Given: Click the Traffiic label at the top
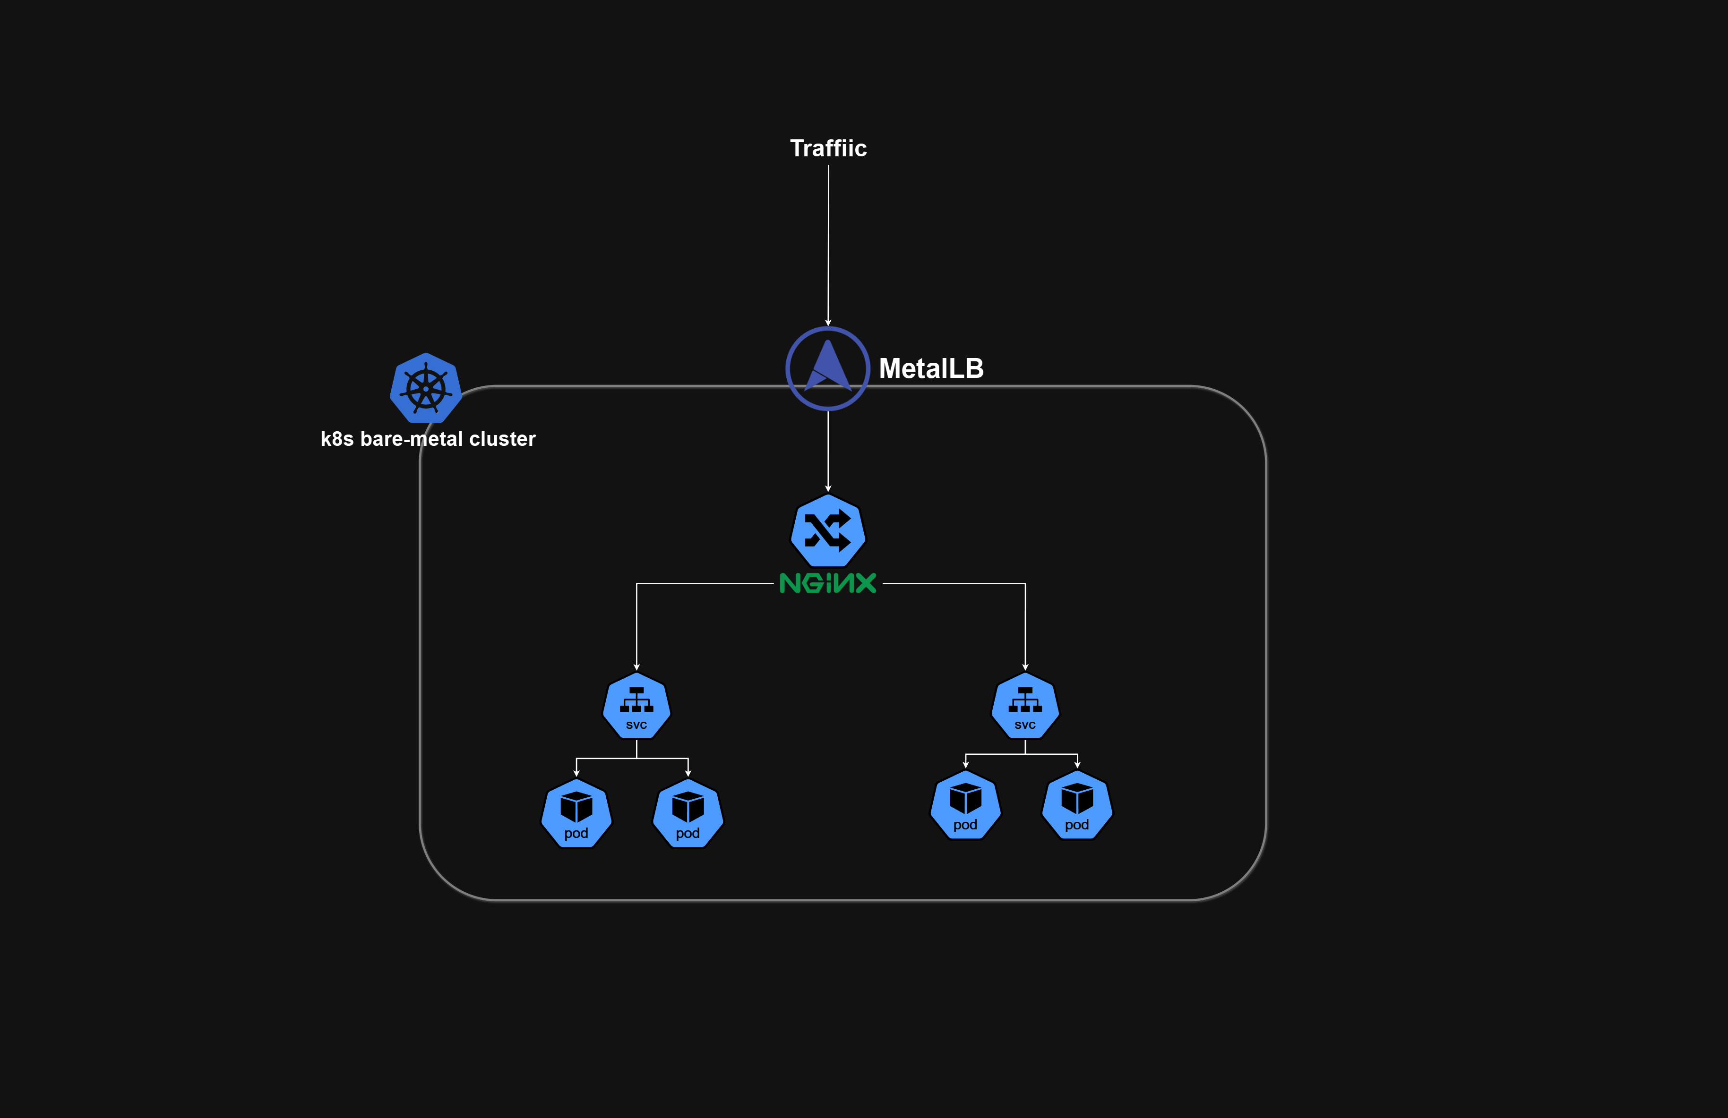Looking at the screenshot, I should click(828, 148).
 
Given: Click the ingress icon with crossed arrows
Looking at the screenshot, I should click(828, 531).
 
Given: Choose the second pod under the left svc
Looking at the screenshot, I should click(688, 813).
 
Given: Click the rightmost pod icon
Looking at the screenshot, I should click(1077, 804).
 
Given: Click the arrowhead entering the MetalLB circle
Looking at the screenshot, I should click(828, 322).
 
